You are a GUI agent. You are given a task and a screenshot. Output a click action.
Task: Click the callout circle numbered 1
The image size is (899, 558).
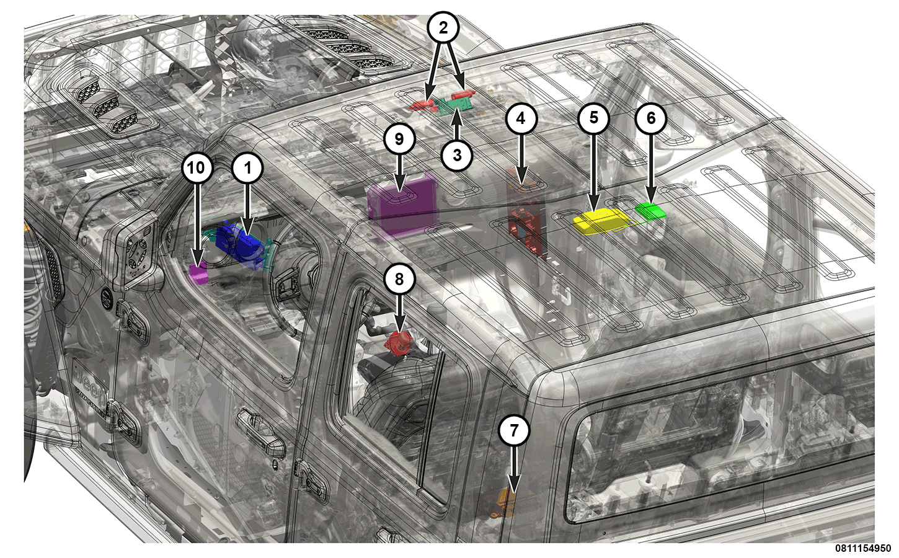248,168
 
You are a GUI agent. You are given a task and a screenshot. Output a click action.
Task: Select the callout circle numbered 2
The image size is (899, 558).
443,27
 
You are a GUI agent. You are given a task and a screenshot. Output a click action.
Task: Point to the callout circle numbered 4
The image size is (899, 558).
521,118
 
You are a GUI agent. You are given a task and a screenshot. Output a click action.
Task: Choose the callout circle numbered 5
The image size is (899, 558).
593,118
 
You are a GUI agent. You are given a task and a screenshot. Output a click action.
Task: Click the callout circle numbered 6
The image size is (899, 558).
651,118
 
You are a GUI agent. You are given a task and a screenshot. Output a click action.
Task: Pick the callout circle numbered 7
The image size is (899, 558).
514,430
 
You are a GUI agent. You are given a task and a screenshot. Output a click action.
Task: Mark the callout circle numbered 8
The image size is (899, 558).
399,279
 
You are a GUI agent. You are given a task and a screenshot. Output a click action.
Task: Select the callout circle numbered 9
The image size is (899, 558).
399,138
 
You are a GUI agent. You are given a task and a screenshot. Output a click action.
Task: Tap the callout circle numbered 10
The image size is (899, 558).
197,168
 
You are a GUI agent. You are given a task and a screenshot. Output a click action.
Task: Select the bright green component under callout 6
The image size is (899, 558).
650,211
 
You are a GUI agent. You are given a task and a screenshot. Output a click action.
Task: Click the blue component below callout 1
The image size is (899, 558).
240,245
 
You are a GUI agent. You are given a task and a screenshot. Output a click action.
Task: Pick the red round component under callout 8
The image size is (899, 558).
397,343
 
